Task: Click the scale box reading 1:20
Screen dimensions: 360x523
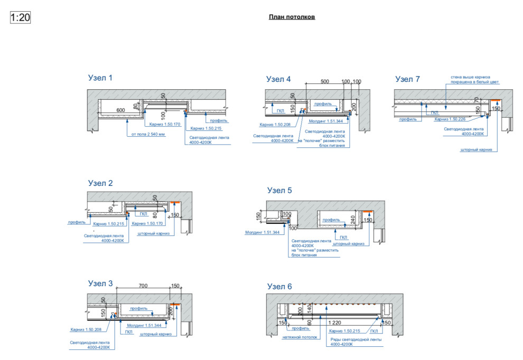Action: click(21, 17)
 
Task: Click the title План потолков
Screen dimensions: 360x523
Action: click(292, 17)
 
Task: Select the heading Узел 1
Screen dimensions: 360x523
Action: click(100, 78)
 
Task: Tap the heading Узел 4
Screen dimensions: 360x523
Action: click(278, 79)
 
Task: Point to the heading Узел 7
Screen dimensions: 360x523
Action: click(407, 79)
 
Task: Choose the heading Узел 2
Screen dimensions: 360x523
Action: click(100, 183)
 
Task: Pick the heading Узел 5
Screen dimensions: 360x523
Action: click(279, 191)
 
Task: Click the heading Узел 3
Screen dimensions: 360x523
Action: click(100, 283)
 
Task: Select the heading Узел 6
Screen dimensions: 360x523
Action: click(279, 287)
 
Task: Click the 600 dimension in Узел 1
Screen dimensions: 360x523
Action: click(121, 109)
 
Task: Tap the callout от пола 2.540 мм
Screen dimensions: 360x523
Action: click(148, 135)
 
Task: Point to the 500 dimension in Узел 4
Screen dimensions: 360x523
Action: click(324, 81)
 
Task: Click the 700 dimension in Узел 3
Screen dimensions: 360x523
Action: click(143, 286)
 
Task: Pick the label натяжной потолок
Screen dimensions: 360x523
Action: click(299, 336)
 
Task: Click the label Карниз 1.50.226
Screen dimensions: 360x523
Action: click(450, 119)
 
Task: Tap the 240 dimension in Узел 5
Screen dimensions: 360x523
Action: click(353, 218)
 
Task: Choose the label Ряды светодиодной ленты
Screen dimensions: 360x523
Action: click(356, 339)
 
